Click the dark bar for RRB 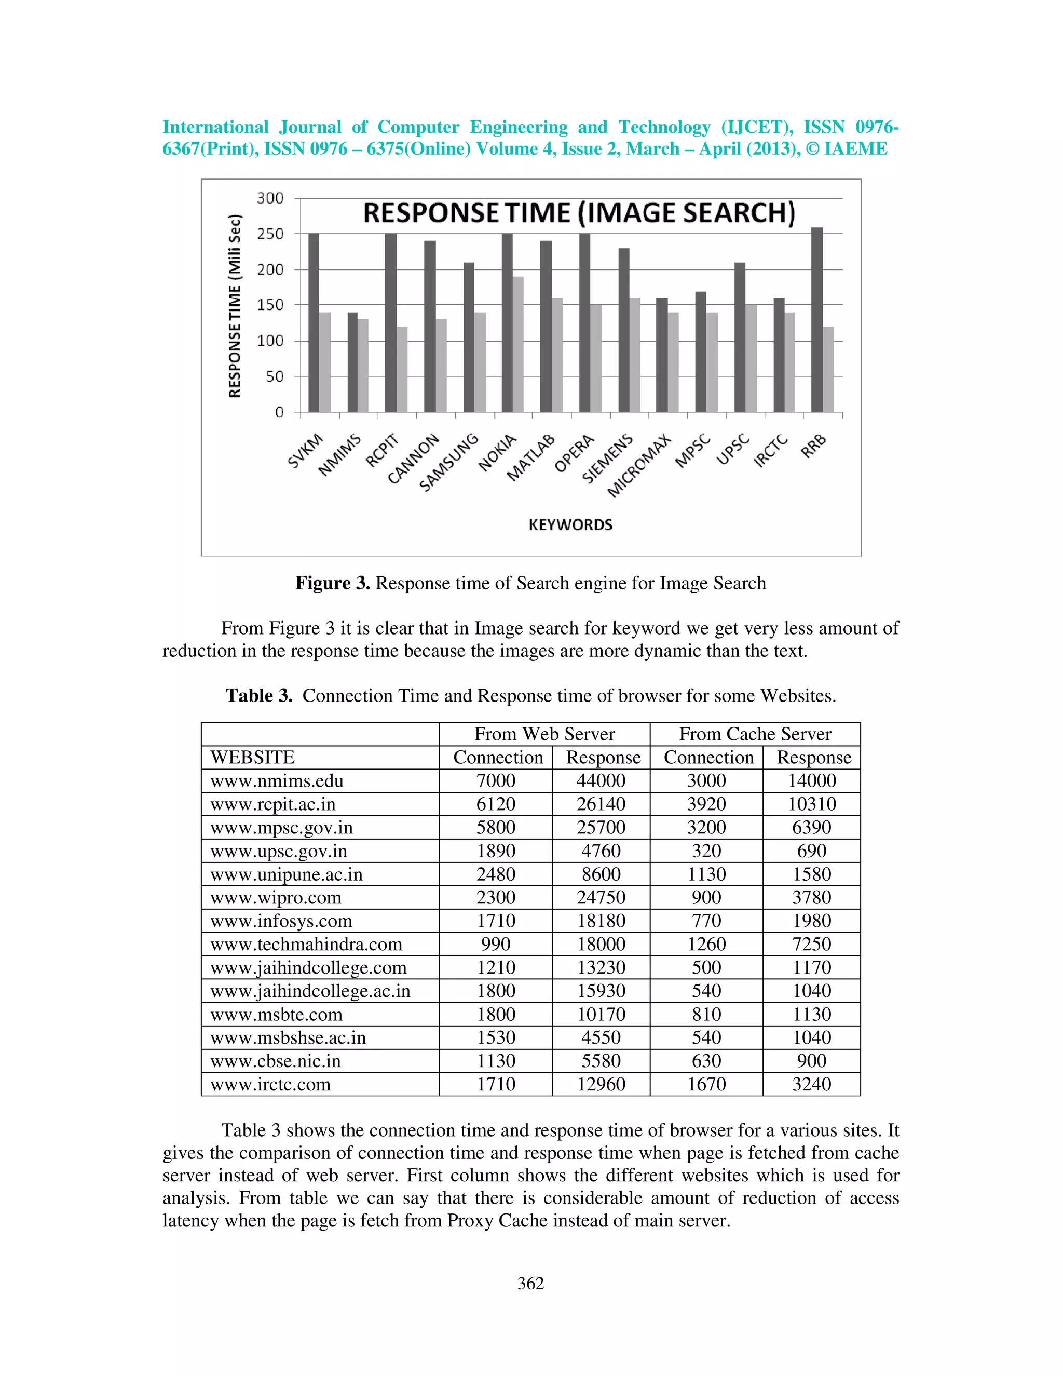[817, 320]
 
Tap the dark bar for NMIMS [352, 362]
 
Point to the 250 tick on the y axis [270, 234]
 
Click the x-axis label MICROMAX [639, 466]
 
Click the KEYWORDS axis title [570, 525]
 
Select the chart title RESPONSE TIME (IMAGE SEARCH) [579, 213]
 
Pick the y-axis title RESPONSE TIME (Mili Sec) [235, 306]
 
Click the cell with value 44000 [601, 780]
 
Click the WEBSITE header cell [253, 757]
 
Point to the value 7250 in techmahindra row [811, 944]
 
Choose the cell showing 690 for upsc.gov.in [811, 851]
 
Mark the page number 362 [530, 1284]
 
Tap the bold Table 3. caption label [259, 696]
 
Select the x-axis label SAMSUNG [448, 463]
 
